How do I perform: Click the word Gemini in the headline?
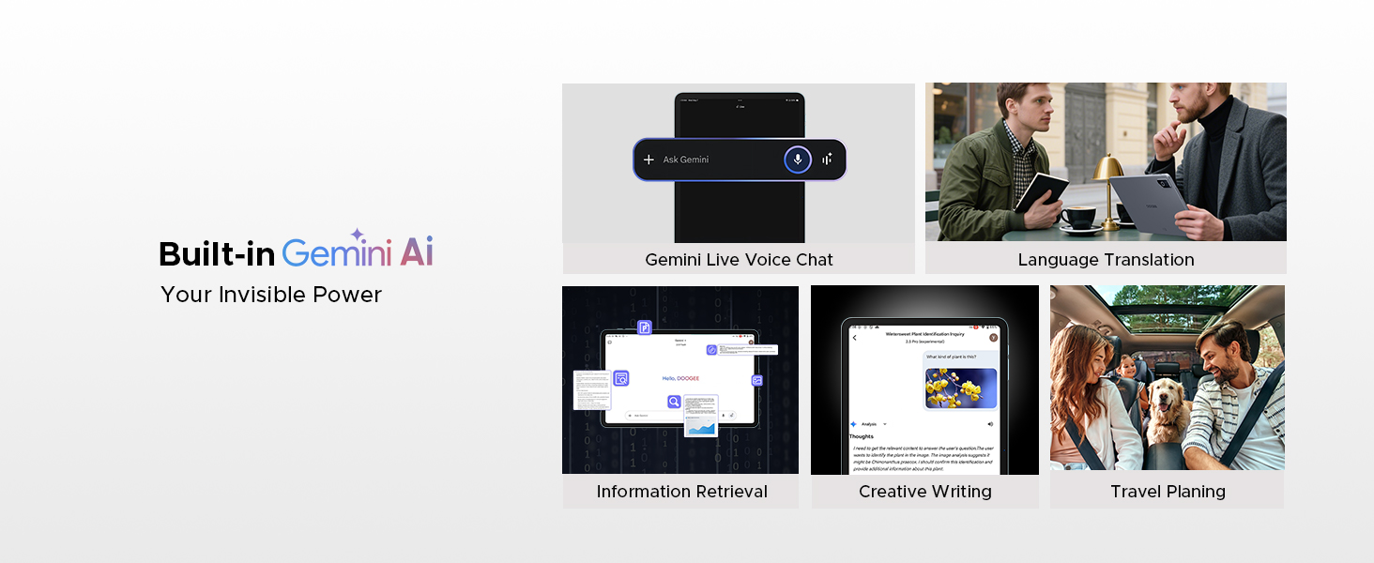tap(337, 254)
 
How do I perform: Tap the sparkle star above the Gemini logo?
tap(357, 234)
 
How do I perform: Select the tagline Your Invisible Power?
tap(271, 295)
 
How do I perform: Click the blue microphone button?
tap(798, 160)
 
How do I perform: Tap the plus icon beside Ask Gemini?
tap(649, 160)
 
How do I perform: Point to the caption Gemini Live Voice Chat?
tap(739, 260)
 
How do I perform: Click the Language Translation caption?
tap(1106, 260)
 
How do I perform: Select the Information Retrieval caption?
tap(681, 492)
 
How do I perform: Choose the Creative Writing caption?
tap(924, 492)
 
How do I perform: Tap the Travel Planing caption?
tap(1168, 492)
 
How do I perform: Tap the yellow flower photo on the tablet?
tap(960, 388)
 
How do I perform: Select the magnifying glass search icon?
tap(674, 402)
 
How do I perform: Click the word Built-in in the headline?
tap(217, 254)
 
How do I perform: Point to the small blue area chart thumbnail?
tap(700, 427)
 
